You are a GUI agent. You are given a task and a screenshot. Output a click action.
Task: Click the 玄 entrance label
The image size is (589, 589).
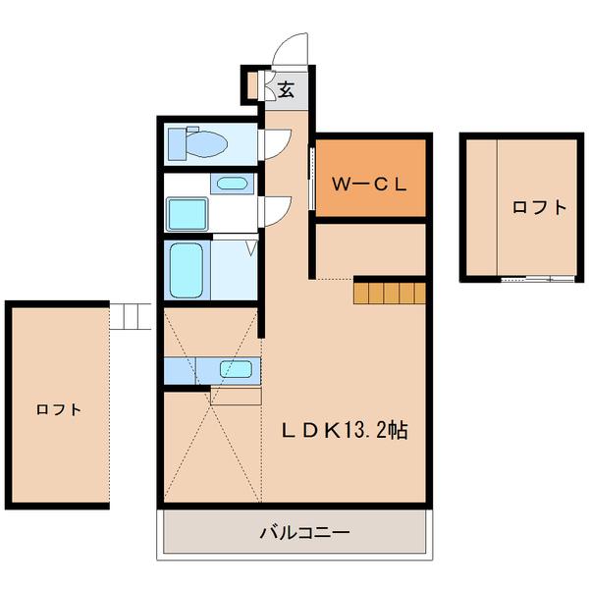[x=286, y=89]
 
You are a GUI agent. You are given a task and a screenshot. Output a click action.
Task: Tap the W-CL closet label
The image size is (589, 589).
[x=367, y=182]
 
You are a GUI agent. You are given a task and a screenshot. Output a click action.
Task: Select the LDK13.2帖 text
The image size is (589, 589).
[x=346, y=429]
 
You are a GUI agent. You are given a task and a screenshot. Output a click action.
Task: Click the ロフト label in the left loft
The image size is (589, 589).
[x=58, y=409]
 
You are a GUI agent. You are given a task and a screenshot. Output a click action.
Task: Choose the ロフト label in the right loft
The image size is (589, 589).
[x=539, y=207]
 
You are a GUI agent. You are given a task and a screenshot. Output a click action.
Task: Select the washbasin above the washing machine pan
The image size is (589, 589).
[x=232, y=183]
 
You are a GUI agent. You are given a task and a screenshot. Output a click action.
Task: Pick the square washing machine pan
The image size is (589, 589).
[x=187, y=212]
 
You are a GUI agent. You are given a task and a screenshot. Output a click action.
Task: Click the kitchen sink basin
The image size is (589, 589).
[x=237, y=369]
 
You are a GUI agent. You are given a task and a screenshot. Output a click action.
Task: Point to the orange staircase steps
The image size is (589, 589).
[x=390, y=292]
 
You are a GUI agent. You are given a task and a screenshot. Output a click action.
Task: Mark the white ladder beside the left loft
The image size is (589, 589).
[x=131, y=315]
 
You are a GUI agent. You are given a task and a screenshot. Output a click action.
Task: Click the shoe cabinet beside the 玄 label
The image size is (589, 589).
[x=253, y=85]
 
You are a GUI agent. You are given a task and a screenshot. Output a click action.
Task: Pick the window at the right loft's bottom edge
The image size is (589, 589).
[x=537, y=279]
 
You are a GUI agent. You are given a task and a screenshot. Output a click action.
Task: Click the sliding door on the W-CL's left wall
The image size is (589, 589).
[x=312, y=178]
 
